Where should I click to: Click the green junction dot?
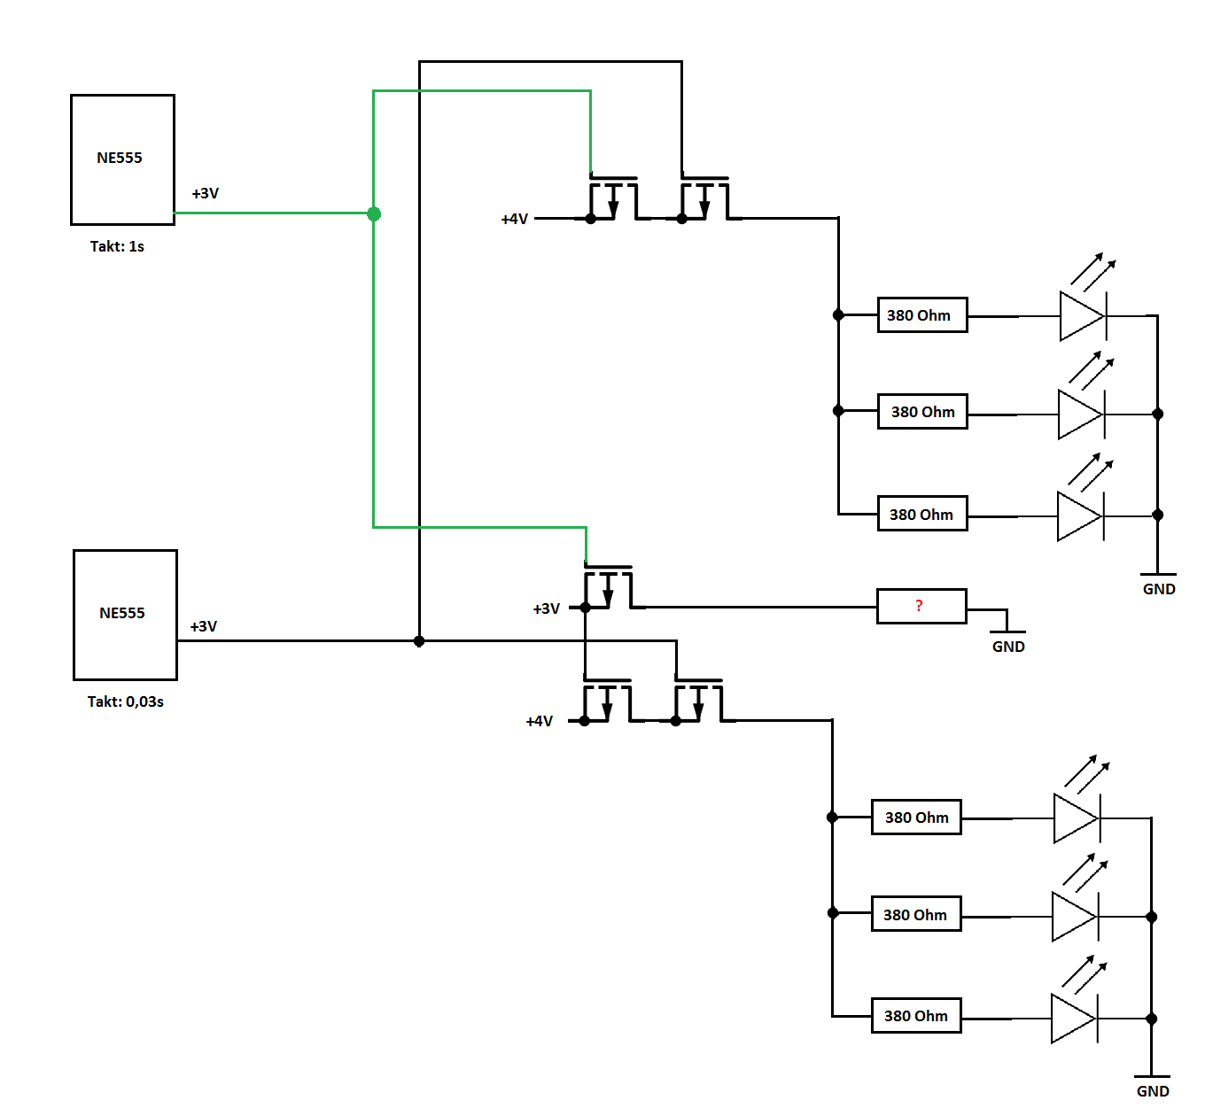(374, 213)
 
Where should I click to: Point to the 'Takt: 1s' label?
(117, 246)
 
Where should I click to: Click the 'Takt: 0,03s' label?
(126, 701)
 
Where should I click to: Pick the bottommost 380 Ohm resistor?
(916, 1015)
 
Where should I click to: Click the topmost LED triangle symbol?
(1082, 316)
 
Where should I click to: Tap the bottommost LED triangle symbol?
(1073, 1019)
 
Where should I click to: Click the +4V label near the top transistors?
(515, 219)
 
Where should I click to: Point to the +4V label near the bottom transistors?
(540, 721)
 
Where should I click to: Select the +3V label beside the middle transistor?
(546, 608)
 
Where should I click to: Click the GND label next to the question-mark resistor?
(1008, 647)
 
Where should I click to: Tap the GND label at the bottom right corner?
(1153, 1091)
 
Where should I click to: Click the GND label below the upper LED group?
(1159, 589)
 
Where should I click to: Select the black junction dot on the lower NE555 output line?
(419, 641)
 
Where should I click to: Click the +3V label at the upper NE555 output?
(205, 193)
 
